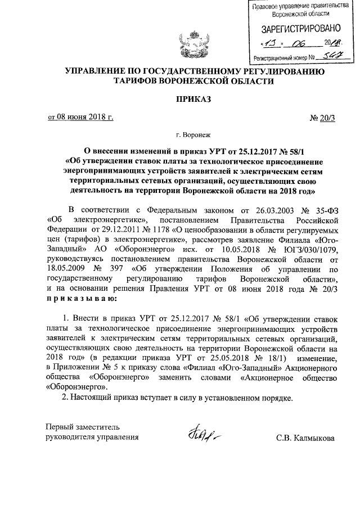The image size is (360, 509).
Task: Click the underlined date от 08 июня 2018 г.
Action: coord(80,117)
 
